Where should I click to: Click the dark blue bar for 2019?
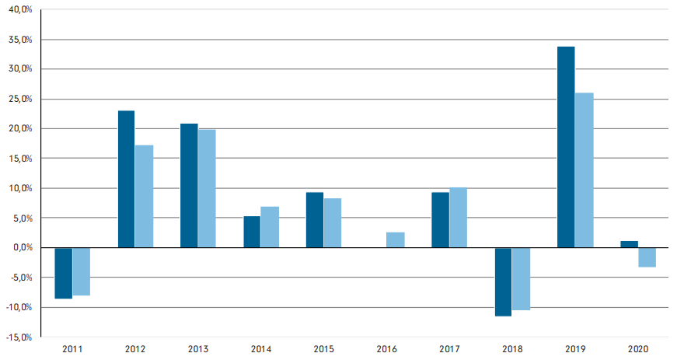566,147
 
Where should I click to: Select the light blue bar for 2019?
584,170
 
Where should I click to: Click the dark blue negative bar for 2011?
63,273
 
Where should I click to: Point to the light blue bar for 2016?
396,239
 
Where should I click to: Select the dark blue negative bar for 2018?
503,281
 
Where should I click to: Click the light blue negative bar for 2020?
647,257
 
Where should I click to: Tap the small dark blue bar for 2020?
629,244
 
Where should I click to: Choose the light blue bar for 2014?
270,227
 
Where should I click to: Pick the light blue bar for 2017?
458,218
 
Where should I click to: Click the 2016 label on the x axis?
386,350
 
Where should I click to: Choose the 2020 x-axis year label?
637,350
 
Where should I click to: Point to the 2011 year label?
72,350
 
